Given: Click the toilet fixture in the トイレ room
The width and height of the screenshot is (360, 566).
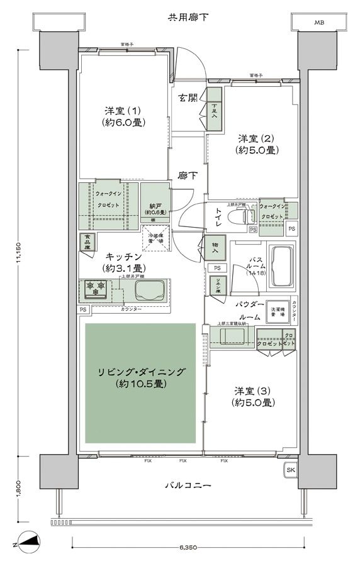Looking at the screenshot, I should point(239,217).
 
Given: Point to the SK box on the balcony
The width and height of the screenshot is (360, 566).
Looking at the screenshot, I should point(290,470).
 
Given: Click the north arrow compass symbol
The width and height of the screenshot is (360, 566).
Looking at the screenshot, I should point(30,540).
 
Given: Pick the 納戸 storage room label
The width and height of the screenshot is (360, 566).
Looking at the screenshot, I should point(155,208).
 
